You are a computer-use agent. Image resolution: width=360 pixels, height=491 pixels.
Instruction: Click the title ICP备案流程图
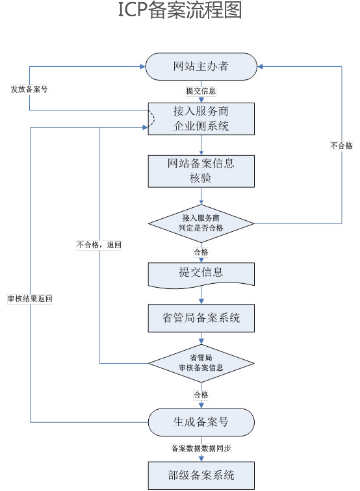(x=180, y=10)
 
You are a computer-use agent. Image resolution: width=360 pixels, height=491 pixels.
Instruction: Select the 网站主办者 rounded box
(x=201, y=66)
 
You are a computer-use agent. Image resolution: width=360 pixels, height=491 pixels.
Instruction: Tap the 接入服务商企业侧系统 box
(x=201, y=119)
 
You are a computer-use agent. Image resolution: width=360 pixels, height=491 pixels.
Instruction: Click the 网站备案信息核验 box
(x=201, y=171)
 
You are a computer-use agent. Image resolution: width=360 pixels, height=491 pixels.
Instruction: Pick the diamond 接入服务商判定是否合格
(x=201, y=223)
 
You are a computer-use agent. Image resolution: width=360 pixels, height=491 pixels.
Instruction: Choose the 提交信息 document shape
(x=201, y=275)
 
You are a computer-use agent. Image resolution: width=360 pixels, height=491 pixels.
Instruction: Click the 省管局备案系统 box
(x=201, y=318)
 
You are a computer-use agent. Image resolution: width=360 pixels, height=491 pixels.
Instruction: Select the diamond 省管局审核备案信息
(x=201, y=363)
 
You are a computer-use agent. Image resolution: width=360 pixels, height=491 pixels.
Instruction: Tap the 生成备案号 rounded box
(x=201, y=422)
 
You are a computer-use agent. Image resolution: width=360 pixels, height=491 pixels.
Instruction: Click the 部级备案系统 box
(x=201, y=475)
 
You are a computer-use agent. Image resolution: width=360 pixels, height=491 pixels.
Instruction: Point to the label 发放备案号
(x=29, y=89)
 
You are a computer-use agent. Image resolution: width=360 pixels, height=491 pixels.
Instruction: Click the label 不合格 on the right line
(x=342, y=145)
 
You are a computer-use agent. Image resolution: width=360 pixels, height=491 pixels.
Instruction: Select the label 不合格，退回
(x=99, y=245)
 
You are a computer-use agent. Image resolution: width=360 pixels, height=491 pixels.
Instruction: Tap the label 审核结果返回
(x=30, y=299)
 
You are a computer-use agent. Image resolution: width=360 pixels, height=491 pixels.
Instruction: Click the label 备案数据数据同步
(x=201, y=448)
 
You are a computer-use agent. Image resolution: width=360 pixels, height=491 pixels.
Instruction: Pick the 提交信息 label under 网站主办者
(x=201, y=91)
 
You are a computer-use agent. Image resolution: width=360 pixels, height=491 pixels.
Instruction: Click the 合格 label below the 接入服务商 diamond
(x=201, y=252)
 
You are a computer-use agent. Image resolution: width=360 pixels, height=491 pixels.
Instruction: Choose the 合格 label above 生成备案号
(x=201, y=395)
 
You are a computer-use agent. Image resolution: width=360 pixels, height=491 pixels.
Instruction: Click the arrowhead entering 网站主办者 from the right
(x=260, y=66)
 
